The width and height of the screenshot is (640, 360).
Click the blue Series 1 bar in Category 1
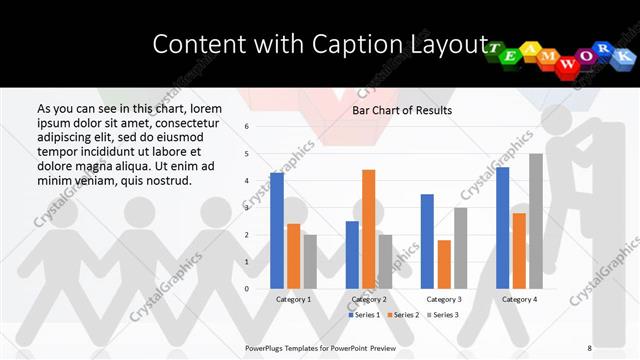[277, 230]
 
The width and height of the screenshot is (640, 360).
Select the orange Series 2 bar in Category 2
[369, 229]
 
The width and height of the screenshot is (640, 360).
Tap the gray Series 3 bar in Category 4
[536, 221]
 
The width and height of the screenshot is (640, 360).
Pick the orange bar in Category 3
[444, 264]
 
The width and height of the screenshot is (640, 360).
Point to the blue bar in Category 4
[502, 227]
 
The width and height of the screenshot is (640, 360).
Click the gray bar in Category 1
[310, 261]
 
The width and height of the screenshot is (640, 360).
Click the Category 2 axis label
[369, 299]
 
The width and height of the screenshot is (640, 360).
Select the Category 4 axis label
[519, 299]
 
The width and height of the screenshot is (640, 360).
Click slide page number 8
[589, 346]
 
